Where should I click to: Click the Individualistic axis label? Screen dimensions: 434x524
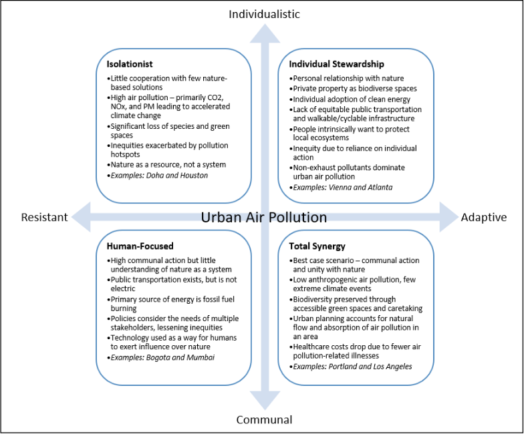tap(264, 14)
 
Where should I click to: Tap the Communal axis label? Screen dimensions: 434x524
tap(264, 420)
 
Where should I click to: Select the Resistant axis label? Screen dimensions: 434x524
tap(45, 217)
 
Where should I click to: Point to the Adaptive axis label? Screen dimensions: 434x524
tap(484, 217)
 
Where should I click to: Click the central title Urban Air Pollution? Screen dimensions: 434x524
tap(264, 218)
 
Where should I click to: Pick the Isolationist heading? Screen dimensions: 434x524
tap(130, 64)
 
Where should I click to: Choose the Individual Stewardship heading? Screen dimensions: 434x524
tap(336, 64)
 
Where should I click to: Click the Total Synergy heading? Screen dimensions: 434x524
tap(317, 246)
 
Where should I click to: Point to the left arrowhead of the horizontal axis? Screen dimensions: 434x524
tap(82, 217)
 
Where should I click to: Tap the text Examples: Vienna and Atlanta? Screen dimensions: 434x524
tap(344, 187)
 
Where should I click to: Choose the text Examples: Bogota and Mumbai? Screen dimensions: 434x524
tap(162, 358)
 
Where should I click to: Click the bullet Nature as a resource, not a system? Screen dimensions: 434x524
tap(168, 164)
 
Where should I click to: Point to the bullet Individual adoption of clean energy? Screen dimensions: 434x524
tap(341, 99)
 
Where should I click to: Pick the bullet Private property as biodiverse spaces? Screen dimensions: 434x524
tap(345, 88)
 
